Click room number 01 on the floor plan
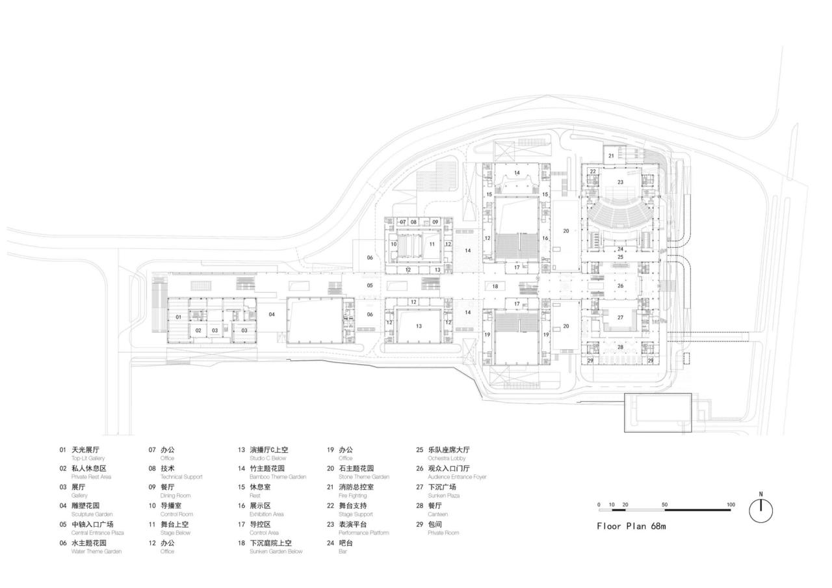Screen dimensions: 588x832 coord(177,317)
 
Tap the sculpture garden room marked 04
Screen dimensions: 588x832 coord(272,314)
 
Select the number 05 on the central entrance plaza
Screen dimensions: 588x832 coord(370,286)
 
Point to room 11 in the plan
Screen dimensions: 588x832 coord(432,244)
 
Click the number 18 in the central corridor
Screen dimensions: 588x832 coord(495,286)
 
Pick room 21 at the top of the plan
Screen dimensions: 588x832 coord(611,156)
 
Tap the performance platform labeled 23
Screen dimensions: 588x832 coord(620,182)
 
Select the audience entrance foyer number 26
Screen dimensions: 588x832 coord(620,286)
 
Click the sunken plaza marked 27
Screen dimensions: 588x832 coord(620,317)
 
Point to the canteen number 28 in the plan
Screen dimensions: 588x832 coord(620,347)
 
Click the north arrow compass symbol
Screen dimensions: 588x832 coord(760,510)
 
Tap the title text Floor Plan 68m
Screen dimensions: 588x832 coord(631,526)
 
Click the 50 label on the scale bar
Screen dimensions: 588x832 coord(664,505)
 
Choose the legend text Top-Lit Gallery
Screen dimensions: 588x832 coord(88,459)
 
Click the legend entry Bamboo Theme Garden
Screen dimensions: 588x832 coord(278,477)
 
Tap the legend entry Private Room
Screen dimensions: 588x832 coord(443,533)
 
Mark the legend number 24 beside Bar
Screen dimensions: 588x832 coord(330,542)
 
